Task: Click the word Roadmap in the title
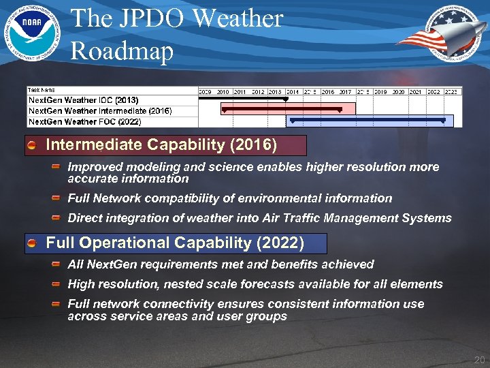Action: [122, 50]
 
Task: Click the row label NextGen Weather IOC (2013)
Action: [83, 100]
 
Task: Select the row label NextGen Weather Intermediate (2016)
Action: [99, 110]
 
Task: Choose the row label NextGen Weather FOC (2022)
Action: [84, 121]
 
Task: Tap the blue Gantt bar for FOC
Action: [367, 121]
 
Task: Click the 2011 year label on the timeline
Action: [240, 91]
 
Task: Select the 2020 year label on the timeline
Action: [398, 91]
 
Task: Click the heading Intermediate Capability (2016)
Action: [161, 144]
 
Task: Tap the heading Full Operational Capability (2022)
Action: [174, 243]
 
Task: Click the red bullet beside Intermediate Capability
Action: [32, 145]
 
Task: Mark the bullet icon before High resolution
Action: [56, 284]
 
